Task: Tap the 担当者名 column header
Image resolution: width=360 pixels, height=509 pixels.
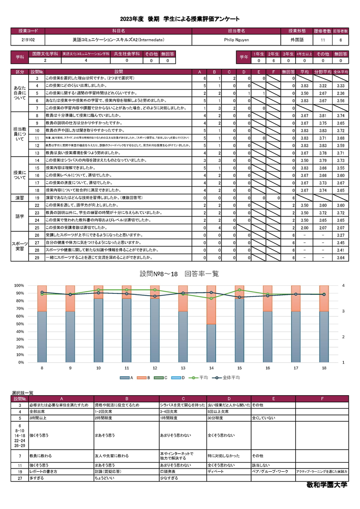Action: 237,31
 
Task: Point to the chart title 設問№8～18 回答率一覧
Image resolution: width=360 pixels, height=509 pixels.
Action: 180,274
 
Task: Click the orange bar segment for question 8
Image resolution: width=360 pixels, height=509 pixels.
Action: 42,298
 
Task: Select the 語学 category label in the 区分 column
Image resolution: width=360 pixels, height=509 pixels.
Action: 20,216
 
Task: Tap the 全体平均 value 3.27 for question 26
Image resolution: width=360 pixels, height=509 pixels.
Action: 340,235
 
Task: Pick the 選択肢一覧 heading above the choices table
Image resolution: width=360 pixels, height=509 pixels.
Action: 22,393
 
